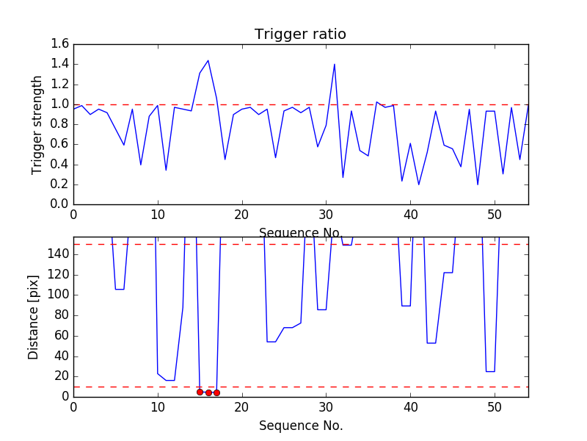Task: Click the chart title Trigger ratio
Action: [300, 35]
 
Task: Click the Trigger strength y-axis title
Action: [37, 124]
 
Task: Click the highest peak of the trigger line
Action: [208, 60]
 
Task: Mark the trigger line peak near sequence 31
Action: [335, 64]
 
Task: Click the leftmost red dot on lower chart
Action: [200, 392]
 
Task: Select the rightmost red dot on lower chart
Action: [216, 392]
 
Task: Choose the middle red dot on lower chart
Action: [208, 392]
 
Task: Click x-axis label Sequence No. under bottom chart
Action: [301, 426]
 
